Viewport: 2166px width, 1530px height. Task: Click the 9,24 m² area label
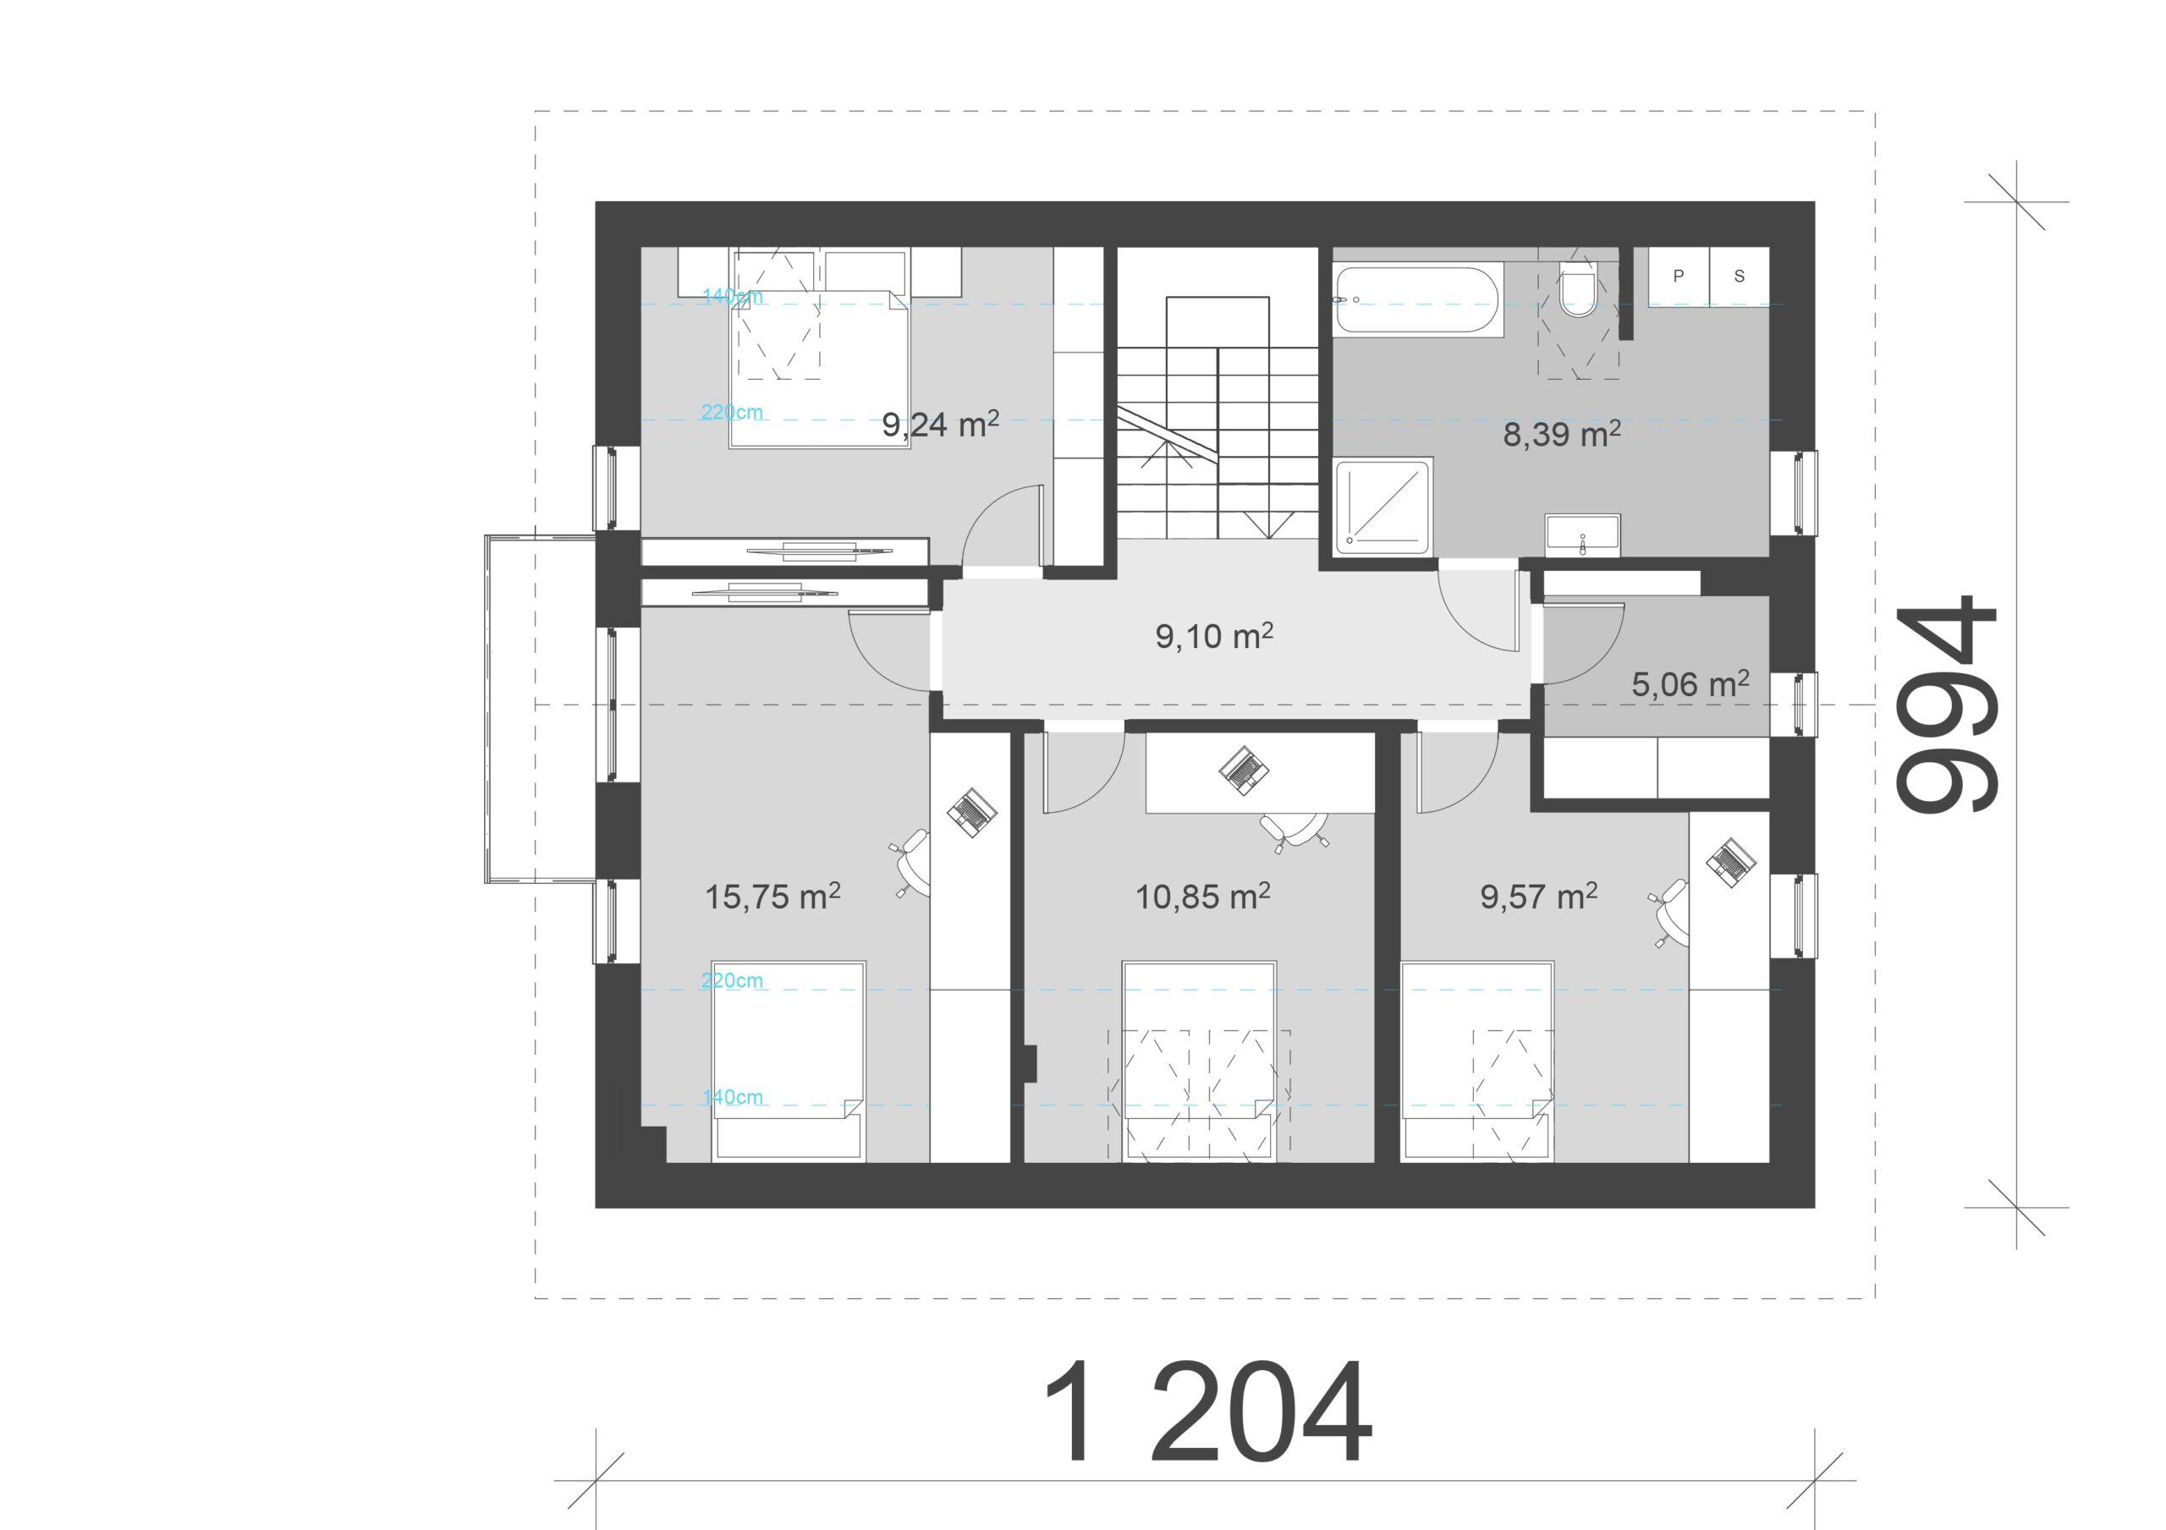[x=941, y=425]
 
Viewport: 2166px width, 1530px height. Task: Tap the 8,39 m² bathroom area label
[x=1561, y=434]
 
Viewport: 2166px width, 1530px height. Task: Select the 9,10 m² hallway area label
[x=1214, y=636]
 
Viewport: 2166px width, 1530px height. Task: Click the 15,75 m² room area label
[x=772, y=897]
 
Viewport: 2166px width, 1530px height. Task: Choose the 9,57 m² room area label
[x=1539, y=897]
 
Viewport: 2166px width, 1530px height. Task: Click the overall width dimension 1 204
[x=1207, y=1412]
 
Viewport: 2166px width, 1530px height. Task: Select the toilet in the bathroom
[x=1577, y=291]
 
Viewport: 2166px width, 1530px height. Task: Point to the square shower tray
[x=1384, y=507]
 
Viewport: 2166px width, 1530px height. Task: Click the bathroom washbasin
[x=1582, y=535]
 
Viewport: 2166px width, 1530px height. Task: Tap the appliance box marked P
[x=1679, y=277]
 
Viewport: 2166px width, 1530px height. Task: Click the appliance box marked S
[x=1739, y=277]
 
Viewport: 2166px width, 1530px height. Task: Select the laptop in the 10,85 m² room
[x=1244, y=768]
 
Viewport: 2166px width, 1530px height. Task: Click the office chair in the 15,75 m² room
[x=911, y=862]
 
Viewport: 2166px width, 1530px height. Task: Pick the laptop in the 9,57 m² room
[x=1730, y=862]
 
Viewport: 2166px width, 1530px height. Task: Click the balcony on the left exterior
[x=540, y=709]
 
